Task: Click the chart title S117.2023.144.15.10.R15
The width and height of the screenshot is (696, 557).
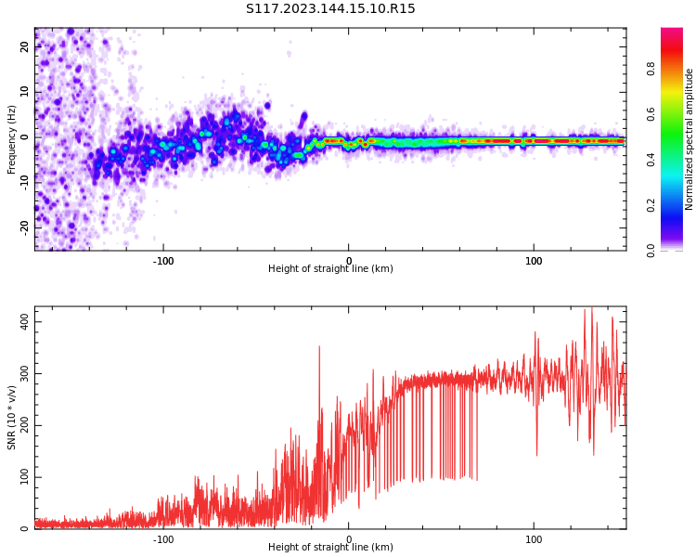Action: (x=330, y=8)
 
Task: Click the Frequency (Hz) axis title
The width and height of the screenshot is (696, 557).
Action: (x=11, y=139)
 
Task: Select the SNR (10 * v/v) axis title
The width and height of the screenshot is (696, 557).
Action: (x=11, y=418)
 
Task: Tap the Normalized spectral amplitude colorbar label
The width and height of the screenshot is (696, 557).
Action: (x=689, y=139)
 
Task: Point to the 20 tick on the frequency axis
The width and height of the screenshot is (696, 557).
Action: (x=25, y=46)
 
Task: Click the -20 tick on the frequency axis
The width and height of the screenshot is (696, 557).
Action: (x=25, y=227)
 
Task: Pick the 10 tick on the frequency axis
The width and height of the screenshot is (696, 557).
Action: (x=25, y=92)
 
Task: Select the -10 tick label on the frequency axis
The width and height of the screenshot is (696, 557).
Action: (x=25, y=183)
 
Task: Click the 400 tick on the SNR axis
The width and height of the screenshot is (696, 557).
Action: (x=25, y=321)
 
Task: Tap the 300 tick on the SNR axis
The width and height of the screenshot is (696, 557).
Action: (x=25, y=373)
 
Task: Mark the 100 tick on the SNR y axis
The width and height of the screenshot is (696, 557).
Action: (x=25, y=477)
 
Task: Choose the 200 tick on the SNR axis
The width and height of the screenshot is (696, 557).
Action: (x=25, y=425)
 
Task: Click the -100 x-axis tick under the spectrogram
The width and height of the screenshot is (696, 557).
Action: (x=163, y=261)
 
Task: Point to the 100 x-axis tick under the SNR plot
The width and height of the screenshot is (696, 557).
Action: (x=534, y=539)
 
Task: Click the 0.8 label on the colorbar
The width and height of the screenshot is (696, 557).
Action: (x=651, y=69)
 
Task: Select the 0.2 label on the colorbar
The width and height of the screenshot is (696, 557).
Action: (x=651, y=205)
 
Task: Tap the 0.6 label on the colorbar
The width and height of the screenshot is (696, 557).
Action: (x=651, y=114)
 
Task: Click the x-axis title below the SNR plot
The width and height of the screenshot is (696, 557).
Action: (x=330, y=547)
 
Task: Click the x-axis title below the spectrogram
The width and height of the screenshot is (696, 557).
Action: (x=330, y=268)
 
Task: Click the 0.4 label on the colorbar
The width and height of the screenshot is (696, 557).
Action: (x=651, y=160)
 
